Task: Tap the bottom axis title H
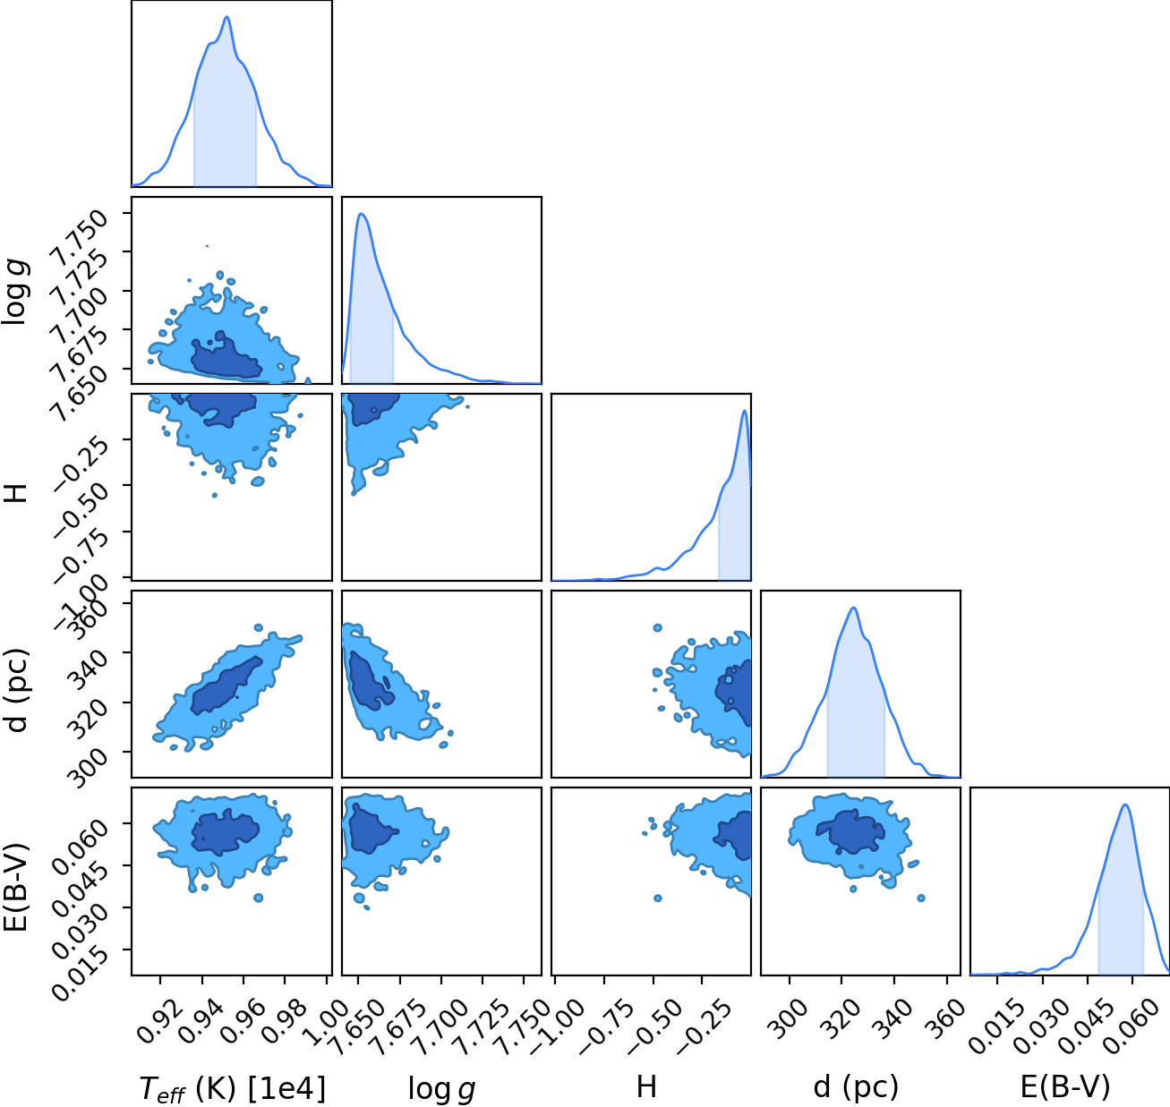[x=647, y=1087]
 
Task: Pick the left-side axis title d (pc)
[x=18, y=690]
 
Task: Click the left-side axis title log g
[x=17, y=292]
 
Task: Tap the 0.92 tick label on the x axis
[x=156, y=1021]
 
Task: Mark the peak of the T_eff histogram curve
[x=226, y=17]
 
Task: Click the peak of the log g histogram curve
[x=362, y=214]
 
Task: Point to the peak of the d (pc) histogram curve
[x=854, y=608]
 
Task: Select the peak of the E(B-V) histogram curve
[x=1125, y=805]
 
